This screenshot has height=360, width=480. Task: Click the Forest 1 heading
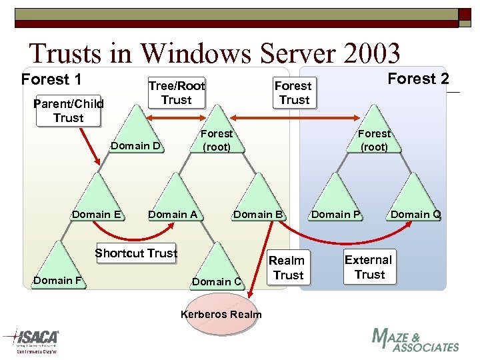pyautogui.click(x=51, y=80)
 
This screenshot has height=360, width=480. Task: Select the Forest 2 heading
pyautogui.click(x=418, y=79)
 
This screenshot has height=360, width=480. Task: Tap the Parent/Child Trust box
pyautogui.click(x=69, y=111)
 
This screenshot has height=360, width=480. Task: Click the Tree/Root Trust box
pyautogui.click(x=176, y=93)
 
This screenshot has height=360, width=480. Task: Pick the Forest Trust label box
pyautogui.click(x=293, y=93)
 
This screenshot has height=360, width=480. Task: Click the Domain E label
pyautogui.click(x=96, y=214)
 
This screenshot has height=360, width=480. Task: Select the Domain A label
pyautogui.click(x=173, y=214)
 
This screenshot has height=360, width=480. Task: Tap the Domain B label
pyautogui.click(x=259, y=214)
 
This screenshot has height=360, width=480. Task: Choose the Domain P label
pyautogui.click(x=336, y=214)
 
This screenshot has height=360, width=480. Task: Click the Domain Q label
pyautogui.click(x=415, y=214)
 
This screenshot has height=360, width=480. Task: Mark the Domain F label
pyautogui.click(x=57, y=280)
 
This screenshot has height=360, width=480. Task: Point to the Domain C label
pyautogui.click(x=217, y=281)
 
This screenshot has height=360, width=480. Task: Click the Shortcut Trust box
pyautogui.click(x=136, y=253)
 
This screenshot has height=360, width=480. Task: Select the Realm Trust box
pyautogui.click(x=287, y=267)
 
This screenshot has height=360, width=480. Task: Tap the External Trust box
pyautogui.click(x=369, y=267)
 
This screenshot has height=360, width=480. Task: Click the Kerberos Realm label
pyautogui.click(x=221, y=314)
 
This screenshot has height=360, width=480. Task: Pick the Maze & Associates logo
pyautogui.click(x=415, y=340)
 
